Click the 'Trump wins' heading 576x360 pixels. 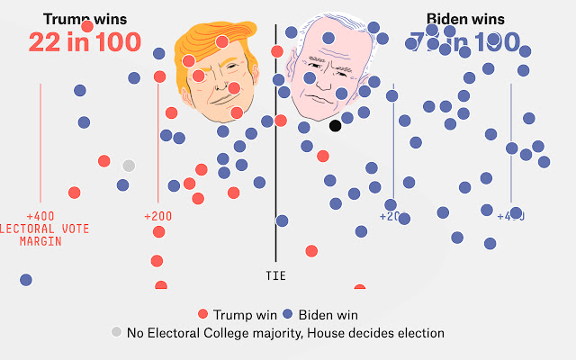click(85, 18)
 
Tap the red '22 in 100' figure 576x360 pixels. click(85, 41)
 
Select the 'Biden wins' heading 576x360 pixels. click(464, 18)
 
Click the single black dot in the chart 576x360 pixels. click(335, 125)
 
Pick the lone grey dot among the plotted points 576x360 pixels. click(129, 165)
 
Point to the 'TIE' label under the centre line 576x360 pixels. click(276, 276)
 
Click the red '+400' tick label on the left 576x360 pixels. click(40, 217)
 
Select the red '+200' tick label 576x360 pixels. click(158, 217)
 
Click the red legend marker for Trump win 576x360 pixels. click(202, 314)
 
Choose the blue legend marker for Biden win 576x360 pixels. click(287, 314)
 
